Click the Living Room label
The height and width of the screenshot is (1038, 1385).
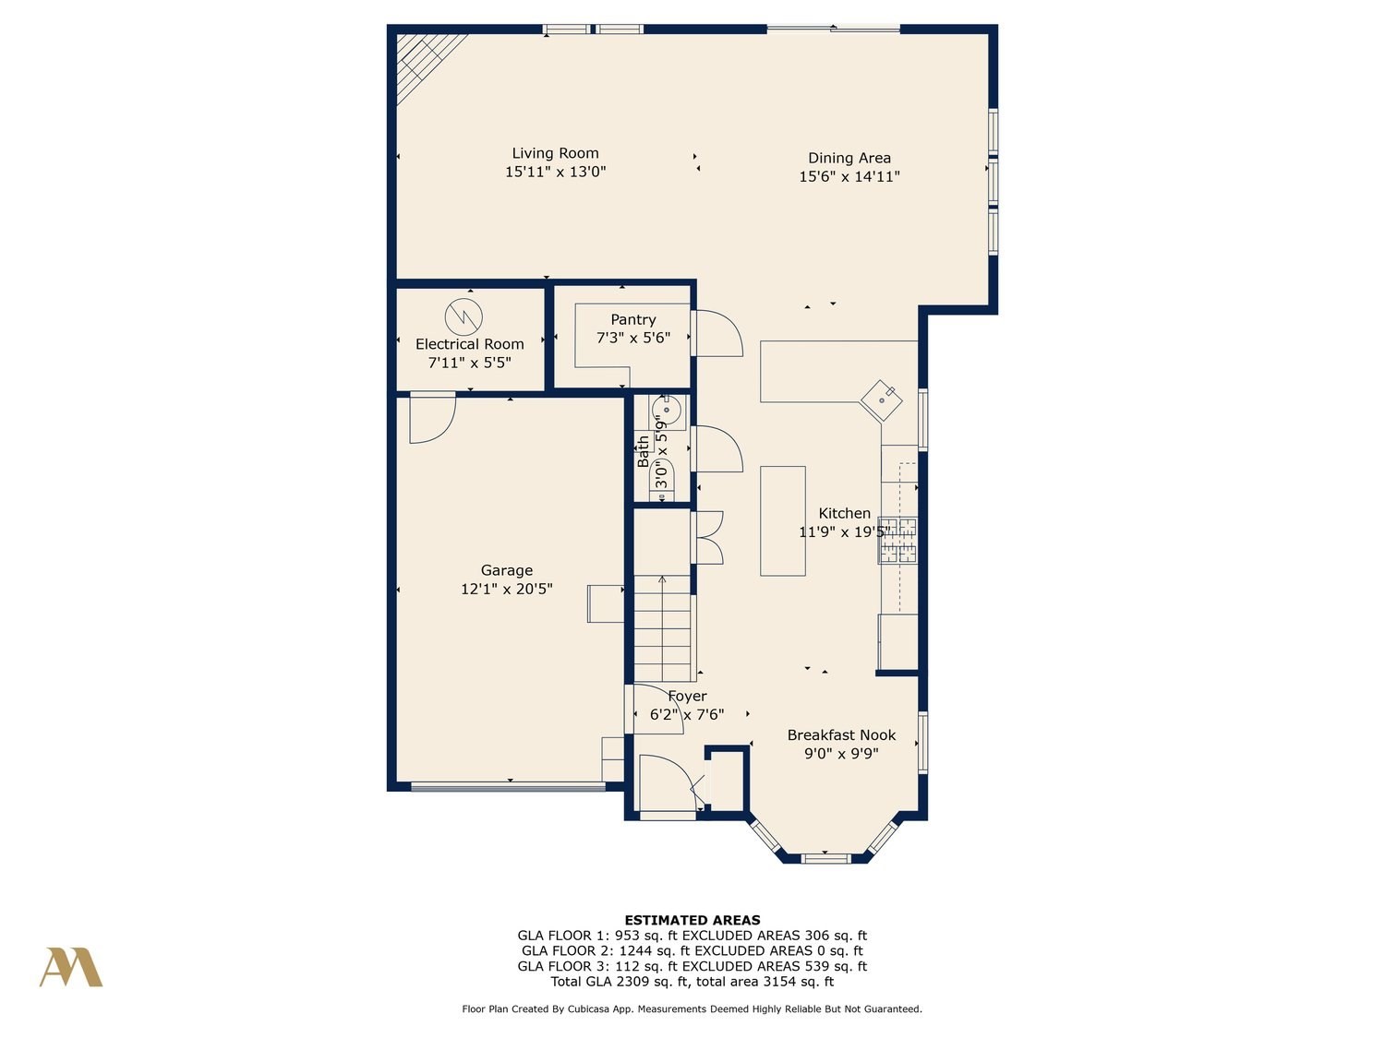(555, 153)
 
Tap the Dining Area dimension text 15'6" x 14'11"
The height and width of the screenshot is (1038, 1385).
(849, 176)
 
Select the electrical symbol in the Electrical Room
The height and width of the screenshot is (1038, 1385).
(464, 316)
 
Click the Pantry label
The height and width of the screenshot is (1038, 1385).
(632, 319)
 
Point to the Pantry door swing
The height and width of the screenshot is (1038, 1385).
(719, 333)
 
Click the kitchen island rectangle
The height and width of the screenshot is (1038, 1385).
(782, 520)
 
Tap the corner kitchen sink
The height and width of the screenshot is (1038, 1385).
(882, 400)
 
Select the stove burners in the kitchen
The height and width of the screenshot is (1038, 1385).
(897, 540)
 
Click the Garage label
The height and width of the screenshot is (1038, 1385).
(507, 570)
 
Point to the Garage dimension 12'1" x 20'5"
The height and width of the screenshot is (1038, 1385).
(507, 590)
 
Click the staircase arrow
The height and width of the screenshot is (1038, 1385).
(662, 627)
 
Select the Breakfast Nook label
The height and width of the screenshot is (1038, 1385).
(841, 734)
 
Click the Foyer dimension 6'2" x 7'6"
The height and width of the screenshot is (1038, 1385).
(687, 715)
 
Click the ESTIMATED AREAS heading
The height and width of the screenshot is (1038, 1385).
(692, 920)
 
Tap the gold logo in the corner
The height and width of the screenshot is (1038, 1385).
(71, 967)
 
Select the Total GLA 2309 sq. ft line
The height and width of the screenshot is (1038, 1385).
(692, 982)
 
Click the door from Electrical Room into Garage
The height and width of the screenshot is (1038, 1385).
(433, 418)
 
